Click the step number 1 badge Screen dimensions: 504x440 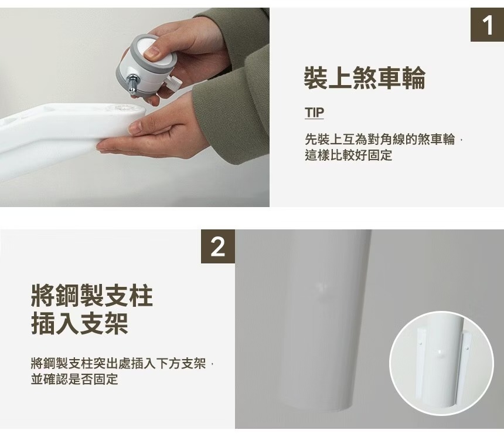(487, 25)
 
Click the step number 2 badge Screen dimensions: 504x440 (218, 246)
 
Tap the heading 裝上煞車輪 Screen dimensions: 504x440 (365, 77)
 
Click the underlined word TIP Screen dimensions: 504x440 (314, 113)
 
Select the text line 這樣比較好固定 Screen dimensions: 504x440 (349, 155)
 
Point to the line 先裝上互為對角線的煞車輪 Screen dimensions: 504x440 (380, 140)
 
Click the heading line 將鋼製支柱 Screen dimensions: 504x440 (92, 296)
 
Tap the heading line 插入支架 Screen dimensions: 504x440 (80, 323)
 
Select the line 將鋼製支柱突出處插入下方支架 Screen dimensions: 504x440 (118, 363)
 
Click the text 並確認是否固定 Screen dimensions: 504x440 (74, 379)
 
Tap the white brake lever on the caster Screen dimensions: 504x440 (175, 83)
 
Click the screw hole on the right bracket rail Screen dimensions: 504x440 (467, 348)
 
